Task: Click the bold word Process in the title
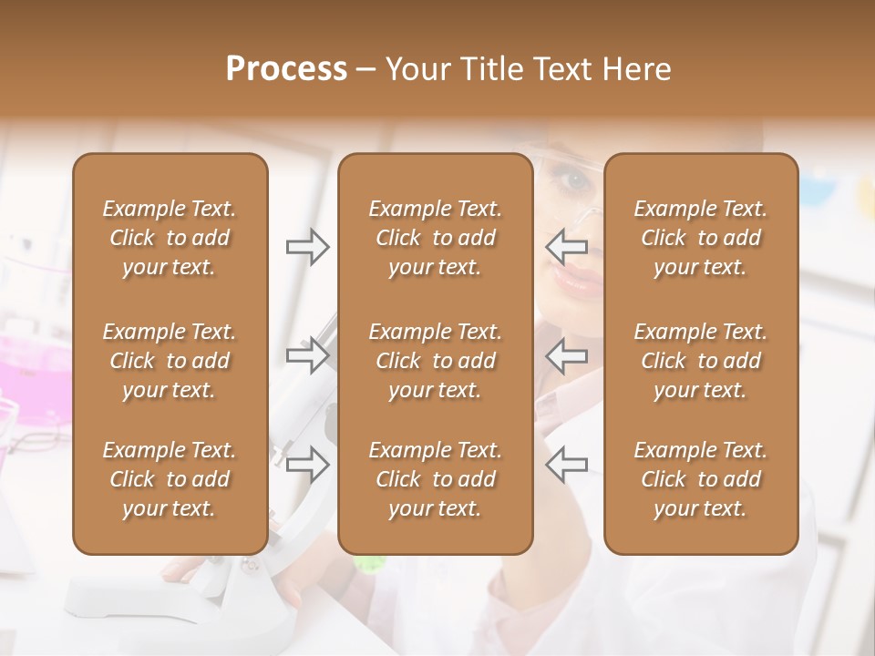coord(286,69)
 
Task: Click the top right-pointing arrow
coord(308,246)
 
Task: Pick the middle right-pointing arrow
coord(308,354)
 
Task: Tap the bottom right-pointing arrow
coord(308,464)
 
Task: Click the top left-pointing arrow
coord(566,246)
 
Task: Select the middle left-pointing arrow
coord(566,354)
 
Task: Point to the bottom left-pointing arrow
coord(566,464)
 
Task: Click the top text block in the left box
coord(170,238)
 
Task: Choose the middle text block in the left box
coord(170,361)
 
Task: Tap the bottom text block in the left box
coord(170,479)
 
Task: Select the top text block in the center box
coord(435,238)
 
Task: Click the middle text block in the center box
coord(435,361)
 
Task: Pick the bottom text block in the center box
coord(435,479)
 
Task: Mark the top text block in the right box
coord(700,238)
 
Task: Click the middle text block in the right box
coord(700,361)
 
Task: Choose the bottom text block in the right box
coord(700,479)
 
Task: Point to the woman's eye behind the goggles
coord(576,179)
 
